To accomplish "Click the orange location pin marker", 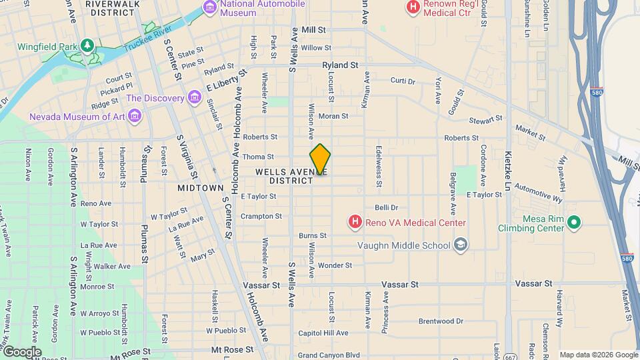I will (320, 159).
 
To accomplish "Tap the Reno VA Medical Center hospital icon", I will (355, 221).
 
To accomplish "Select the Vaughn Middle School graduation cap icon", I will (460, 245).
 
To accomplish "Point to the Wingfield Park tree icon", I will (86, 45).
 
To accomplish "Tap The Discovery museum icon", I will (194, 98).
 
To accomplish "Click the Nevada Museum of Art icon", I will (135, 117).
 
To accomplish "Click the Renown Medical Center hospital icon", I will (413, 8).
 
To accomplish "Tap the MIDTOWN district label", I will (200, 188).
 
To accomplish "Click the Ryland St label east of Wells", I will (340, 65).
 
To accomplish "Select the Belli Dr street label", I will (386, 208).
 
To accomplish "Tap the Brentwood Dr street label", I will (441, 321).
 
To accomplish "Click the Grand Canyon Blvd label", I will (329, 355).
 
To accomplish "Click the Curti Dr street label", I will (403, 81).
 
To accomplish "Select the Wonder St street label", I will (335, 265).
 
